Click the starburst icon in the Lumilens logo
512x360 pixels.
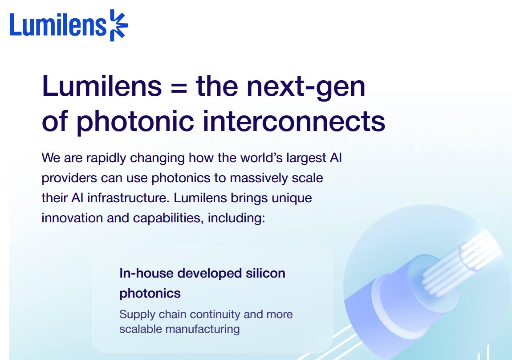118,25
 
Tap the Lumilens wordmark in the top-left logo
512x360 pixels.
58,25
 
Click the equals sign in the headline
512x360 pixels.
179,88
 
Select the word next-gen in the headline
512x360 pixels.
305,86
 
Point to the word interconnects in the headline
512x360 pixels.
294,121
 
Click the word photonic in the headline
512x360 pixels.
135,122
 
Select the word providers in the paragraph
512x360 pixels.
69,178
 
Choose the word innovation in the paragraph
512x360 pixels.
72,218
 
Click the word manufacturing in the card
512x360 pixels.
203,329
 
